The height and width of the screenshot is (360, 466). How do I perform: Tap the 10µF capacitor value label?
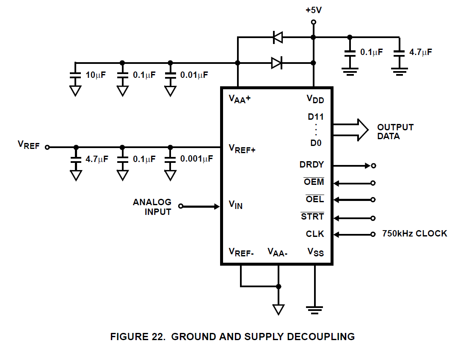95,75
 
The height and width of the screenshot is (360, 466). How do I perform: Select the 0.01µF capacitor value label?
194,75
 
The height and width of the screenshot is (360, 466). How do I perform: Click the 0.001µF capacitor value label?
196,159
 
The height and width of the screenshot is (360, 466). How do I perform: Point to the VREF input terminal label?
28,145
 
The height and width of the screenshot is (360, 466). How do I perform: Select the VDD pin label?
315,99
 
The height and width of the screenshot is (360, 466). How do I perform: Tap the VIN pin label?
236,205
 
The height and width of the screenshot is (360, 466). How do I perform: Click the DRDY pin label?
312,165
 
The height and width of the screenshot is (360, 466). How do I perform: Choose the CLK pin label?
315,234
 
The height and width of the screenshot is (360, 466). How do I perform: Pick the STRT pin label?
312,217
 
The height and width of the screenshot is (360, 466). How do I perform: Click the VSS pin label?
315,252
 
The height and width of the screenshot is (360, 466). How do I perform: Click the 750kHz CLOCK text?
414,234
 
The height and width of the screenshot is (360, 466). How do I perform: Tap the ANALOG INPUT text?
152,207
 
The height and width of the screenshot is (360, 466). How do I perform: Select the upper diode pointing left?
278,37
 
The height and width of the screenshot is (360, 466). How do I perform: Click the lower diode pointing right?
277,63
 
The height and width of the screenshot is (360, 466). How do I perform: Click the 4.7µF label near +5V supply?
421,52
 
